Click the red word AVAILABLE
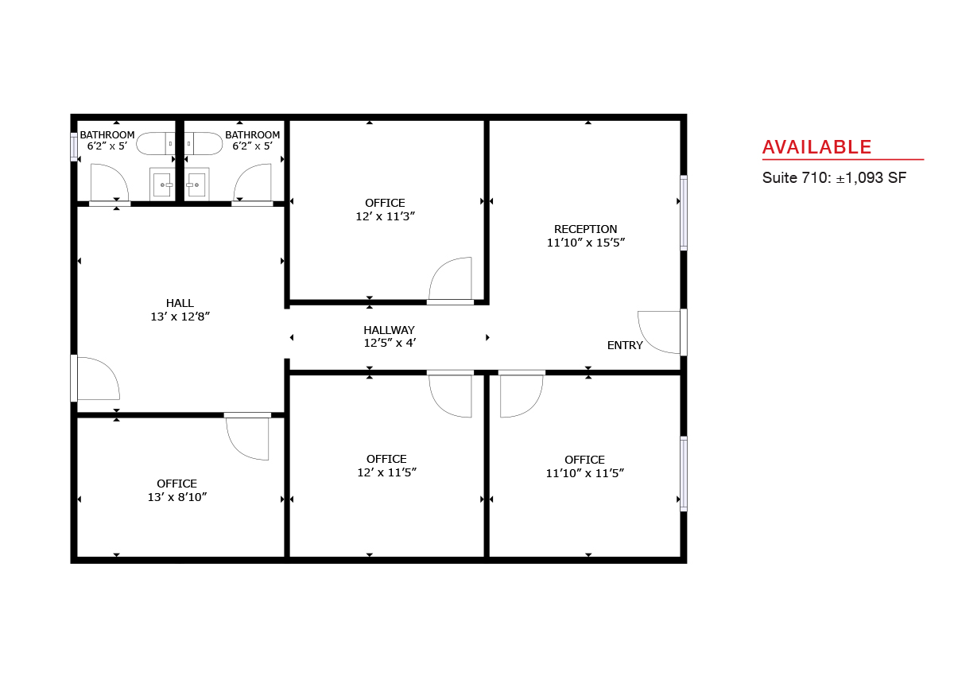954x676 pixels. [816, 147]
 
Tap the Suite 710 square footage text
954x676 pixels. [834, 177]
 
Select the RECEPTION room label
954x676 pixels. [585, 229]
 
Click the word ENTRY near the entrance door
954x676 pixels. [625, 345]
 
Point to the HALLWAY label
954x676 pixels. [389, 330]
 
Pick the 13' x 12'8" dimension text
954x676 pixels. [180, 317]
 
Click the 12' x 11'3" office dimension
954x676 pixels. [385, 216]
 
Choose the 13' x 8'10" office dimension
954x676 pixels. [176, 497]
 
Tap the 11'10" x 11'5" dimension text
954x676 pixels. [585, 473]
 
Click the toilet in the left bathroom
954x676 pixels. [155, 143]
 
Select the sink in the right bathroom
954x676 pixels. [196, 184]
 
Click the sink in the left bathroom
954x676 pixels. [162, 184]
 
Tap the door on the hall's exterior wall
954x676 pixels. [95, 379]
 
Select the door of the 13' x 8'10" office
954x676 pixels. [247, 436]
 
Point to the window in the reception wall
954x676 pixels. [684, 212]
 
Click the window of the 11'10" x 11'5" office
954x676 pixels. [684, 474]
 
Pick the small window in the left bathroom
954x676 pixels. [74, 147]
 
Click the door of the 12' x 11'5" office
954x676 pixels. [450, 394]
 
